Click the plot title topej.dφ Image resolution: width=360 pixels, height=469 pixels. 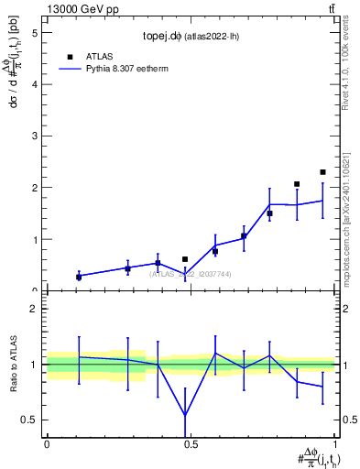coord(190,38)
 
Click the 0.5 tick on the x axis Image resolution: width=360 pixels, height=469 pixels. coord(191,443)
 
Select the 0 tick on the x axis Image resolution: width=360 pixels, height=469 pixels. coord(47,443)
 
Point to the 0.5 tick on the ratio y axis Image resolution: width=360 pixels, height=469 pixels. coord(30,420)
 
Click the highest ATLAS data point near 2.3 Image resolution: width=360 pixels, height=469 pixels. coord(322,172)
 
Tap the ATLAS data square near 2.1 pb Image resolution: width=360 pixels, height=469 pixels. coord(297,184)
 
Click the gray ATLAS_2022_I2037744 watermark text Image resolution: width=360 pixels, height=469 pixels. coord(191,274)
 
